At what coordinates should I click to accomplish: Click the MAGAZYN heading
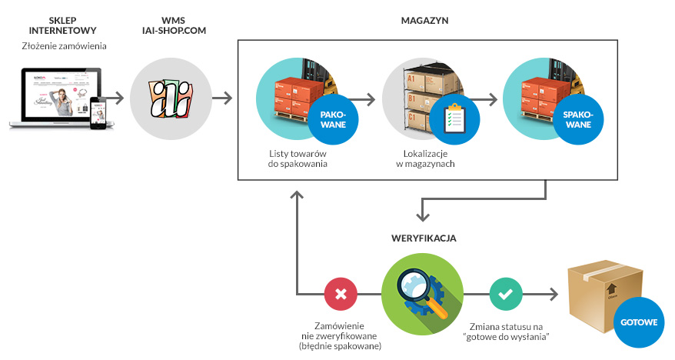click(424, 20)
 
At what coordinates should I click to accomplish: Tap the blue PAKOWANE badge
click(332, 118)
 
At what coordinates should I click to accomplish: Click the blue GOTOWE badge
click(638, 322)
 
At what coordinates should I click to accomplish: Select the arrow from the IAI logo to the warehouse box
click(223, 98)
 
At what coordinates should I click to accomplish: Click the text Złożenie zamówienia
click(64, 47)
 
